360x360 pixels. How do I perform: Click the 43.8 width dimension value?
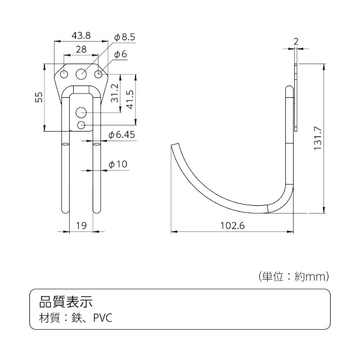[x=81, y=35]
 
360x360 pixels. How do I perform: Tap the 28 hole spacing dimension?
[x=81, y=49]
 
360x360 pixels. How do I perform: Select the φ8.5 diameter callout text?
[x=125, y=37]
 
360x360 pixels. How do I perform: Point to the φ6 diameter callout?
[x=120, y=55]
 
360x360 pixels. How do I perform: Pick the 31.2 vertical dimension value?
[x=115, y=93]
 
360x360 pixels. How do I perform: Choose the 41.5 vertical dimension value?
[x=130, y=99]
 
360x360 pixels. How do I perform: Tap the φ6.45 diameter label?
[x=121, y=135]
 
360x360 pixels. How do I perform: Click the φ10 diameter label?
[x=118, y=164]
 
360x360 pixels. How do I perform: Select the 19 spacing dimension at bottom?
[x=81, y=226]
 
